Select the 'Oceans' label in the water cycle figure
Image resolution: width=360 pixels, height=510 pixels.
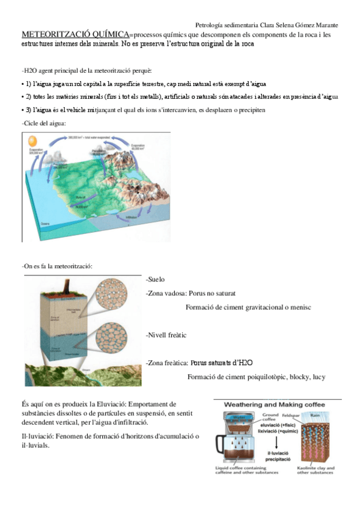45,224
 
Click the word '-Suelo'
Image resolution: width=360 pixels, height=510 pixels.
155,280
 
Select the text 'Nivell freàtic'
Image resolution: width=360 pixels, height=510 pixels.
167,334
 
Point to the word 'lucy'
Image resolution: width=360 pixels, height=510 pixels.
319,377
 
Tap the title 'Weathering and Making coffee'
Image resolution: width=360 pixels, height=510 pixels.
277,405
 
